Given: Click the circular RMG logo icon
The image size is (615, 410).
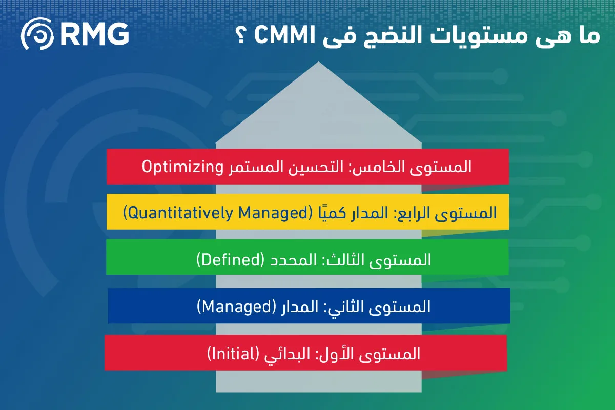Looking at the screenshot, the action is coord(37,34).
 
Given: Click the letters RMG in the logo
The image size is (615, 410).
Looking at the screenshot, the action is coord(95,34).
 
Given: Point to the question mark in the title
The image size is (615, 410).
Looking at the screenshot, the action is coord(241,35).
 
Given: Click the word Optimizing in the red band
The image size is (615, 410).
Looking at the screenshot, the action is coord(182,167).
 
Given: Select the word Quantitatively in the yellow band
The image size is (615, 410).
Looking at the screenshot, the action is coord(180,213).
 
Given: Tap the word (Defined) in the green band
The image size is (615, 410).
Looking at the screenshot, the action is coord(230,260).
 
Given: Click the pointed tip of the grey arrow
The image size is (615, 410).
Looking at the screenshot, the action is coord(318,62).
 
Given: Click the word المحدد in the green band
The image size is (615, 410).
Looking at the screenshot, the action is coord(293,260).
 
